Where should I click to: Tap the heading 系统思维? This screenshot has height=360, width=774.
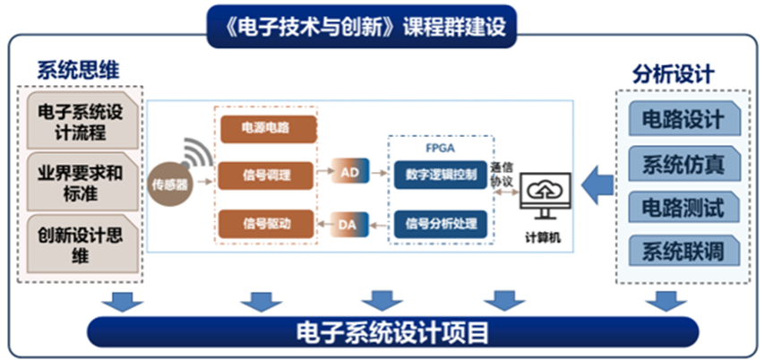point(78,70)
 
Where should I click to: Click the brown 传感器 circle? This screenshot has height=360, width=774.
point(171,184)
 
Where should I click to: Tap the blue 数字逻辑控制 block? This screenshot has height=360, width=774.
point(440,172)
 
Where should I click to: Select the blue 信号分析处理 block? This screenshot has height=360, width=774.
point(440,221)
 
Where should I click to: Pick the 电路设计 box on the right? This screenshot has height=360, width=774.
point(684,121)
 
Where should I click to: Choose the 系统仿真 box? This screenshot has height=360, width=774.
point(684,164)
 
